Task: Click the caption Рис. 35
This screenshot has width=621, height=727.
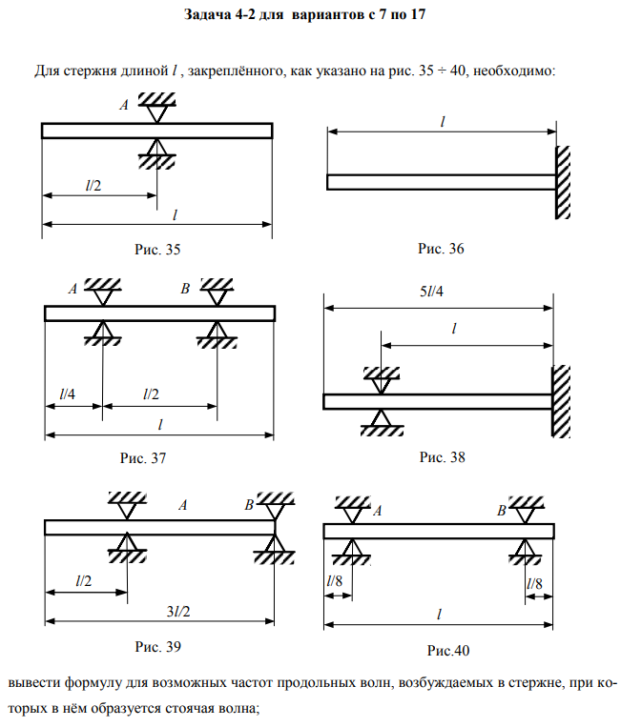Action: pos(157,250)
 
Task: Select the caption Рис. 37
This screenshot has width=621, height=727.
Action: pos(143,458)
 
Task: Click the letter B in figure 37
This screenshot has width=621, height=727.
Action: pos(185,288)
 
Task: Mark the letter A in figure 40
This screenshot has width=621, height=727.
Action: pos(378,512)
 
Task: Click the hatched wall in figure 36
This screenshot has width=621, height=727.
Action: pos(564,182)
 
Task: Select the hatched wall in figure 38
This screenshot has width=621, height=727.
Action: pos(560,400)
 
